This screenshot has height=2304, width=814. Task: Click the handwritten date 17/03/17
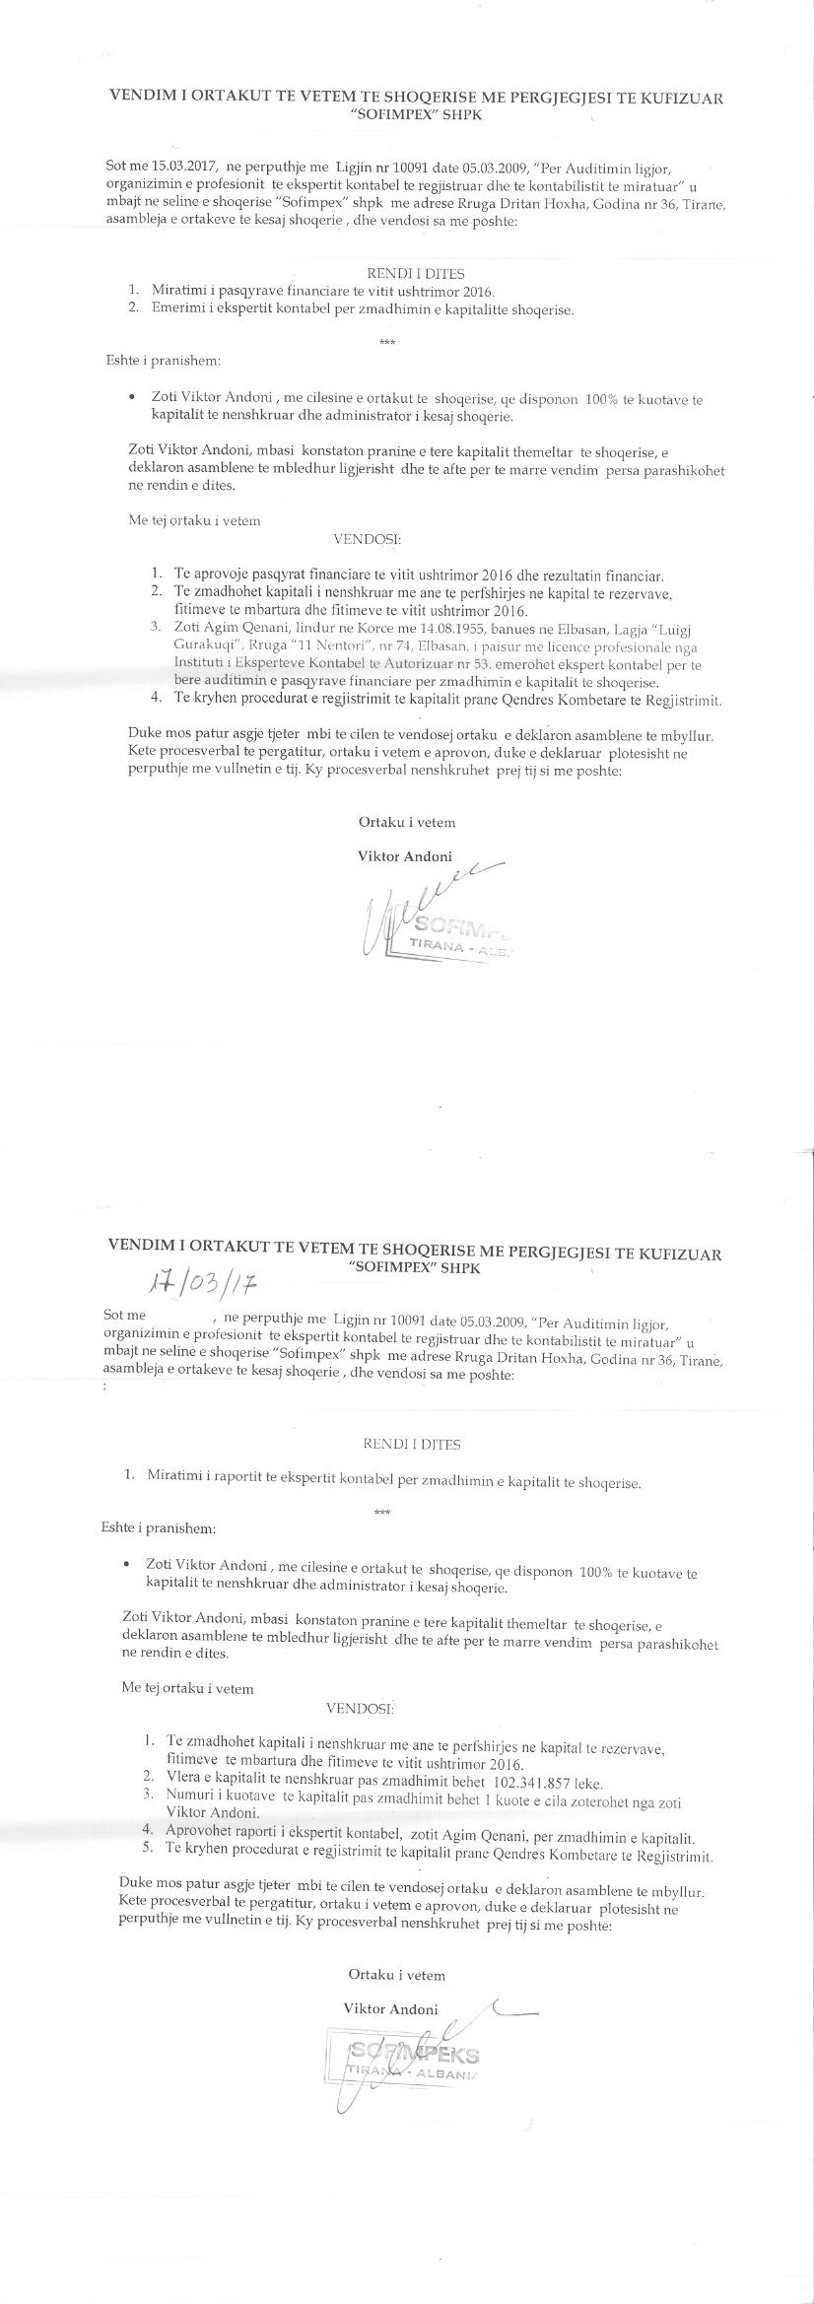[x=202, y=1287]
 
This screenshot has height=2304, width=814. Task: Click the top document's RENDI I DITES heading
[x=415, y=274]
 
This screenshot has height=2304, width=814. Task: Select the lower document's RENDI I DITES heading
[x=412, y=1444]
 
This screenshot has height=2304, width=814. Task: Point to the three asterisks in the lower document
[x=382, y=1512]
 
